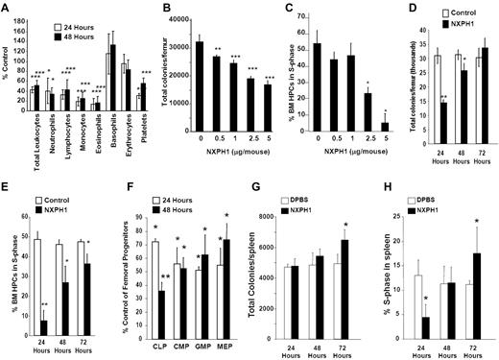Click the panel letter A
point(6,9)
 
